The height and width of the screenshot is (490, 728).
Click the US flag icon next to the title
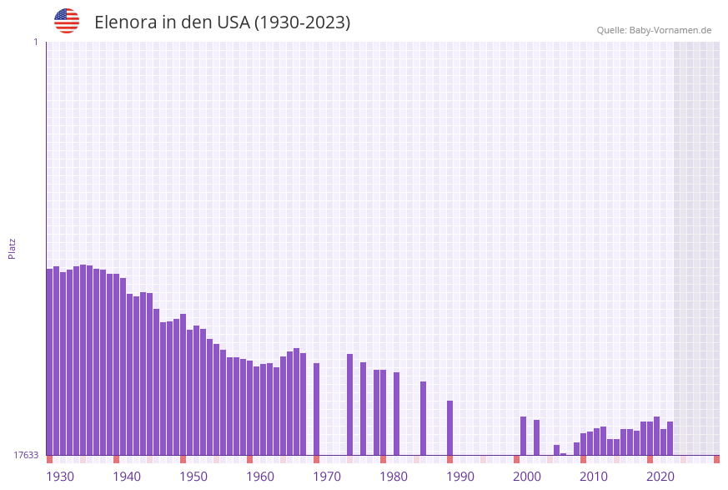67,21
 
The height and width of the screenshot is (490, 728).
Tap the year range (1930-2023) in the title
302,23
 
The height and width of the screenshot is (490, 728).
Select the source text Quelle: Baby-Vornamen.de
654,30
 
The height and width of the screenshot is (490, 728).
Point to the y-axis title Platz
13,248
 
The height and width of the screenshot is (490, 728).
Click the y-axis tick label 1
35,42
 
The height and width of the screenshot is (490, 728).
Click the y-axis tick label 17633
26,455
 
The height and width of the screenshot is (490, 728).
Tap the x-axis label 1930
60,476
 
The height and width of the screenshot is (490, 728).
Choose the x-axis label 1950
193,476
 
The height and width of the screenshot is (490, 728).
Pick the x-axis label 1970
327,476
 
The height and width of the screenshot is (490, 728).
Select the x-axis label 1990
460,476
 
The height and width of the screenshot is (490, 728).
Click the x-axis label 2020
660,476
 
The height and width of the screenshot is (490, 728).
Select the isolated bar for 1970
317,409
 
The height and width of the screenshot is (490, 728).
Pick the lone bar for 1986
424,418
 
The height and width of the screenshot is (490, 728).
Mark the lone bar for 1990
450,427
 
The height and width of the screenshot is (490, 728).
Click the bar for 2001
524,435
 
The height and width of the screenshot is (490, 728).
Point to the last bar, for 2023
670,437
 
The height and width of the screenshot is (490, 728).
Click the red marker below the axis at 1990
450,459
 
